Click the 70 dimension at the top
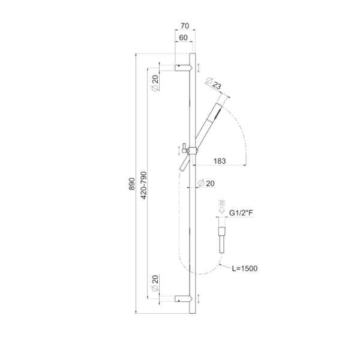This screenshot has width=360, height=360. pos(185,26)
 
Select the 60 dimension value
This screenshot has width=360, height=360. pos(183,38)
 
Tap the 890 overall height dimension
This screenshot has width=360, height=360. pos(132,184)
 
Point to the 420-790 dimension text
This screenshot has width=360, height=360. pos(143,185)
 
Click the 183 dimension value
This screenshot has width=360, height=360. pos(220,161)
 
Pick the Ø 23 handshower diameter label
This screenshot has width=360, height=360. pos(214,83)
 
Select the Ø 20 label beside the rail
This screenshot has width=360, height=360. pos(206,183)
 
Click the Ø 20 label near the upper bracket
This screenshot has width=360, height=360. pos(155,83)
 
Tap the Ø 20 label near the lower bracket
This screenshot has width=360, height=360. pos(155,283)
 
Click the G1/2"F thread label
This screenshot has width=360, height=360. pos(241,213)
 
